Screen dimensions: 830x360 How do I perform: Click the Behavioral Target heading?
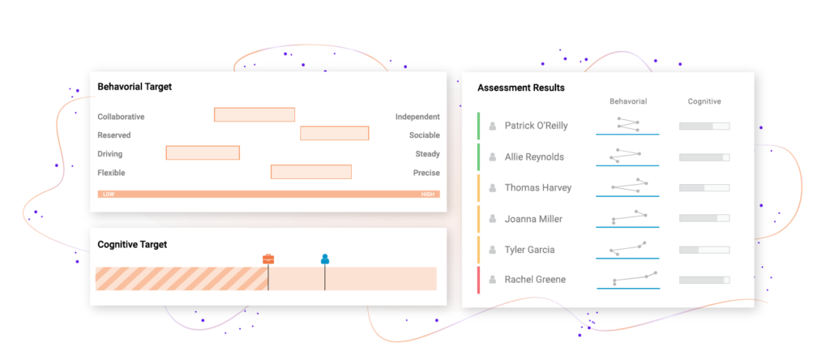pyautogui.click(x=135, y=87)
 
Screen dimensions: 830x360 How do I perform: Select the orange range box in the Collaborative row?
pyautogui.click(x=255, y=115)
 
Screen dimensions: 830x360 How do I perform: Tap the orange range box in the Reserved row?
pyautogui.click(x=335, y=134)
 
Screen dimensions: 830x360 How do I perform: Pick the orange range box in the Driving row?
pyautogui.click(x=203, y=153)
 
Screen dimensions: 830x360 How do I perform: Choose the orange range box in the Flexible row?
pyautogui.click(x=311, y=172)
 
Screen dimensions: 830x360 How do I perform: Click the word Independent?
pyautogui.click(x=417, y=117)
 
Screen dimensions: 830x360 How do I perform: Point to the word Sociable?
pyautogui.click(x=425, y=135)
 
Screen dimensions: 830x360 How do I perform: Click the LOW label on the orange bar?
pyautogui.click(x=109, y=195)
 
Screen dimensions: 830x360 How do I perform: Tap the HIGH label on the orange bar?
pyautogui.click(x=428, y=195)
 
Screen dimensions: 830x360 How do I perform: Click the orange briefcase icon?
pyautogui.click(x=268, y=259)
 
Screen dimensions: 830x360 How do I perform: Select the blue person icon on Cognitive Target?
pyautogui.click(x=325, y=259)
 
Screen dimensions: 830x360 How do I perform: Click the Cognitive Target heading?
pyautogui.click(x=132, y=245)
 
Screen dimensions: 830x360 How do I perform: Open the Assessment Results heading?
pyautogui.click(x=521, y=88)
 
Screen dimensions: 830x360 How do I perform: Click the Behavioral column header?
pyautogui.click(x=628, y=101)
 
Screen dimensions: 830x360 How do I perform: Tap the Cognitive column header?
pyautogui.click(x=704, y=101)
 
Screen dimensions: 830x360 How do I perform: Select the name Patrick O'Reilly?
pyautogui.click(x=537, y=126)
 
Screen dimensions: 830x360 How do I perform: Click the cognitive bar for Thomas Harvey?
pyautogui.click(x=704, y=188)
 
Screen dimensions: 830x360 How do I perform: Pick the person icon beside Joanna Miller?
pyautogui.click(x=493, y=219)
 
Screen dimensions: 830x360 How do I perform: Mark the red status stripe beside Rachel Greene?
pyautogui.click(x=478, y=280)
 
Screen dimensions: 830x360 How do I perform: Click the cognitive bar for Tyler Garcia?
pyautogui.click(x=704, y=250)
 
